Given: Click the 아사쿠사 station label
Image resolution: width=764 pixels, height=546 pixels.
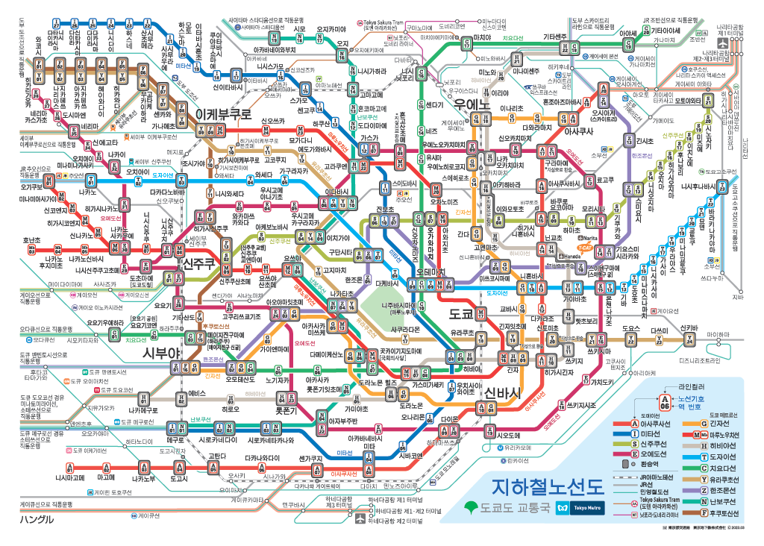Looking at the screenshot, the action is [x=578, y=131].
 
